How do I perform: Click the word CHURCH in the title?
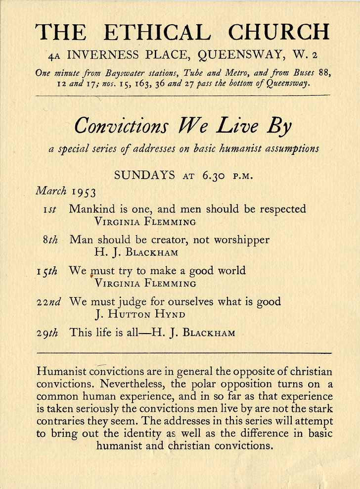278,32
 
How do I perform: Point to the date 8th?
50,241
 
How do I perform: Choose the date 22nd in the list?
48,302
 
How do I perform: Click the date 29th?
48,333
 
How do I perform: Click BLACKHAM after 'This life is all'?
209,333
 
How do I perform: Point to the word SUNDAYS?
144,175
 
